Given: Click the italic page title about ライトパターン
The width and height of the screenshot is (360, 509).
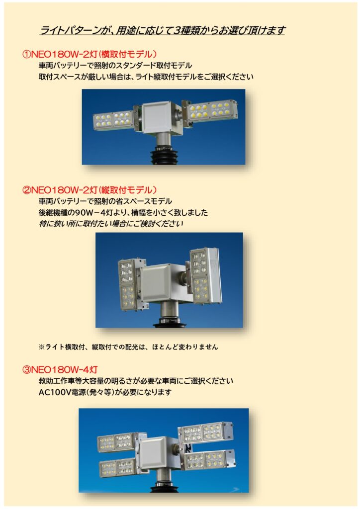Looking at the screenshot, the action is pos(162,30).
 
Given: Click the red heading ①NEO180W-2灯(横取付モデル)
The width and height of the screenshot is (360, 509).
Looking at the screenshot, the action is pos(90,54).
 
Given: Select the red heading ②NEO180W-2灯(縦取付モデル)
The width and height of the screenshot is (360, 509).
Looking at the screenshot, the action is pos(90,189).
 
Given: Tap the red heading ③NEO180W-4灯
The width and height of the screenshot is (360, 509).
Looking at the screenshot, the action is pos(60,369).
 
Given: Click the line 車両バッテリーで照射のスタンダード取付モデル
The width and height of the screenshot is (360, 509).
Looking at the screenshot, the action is pos(115,66).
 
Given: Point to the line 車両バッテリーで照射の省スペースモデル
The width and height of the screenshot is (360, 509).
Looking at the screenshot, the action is pos(105,201).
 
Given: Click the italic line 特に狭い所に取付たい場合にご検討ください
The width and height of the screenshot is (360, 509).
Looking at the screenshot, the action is pos(111,224).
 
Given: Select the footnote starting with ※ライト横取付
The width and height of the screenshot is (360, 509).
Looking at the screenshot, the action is pos(128,346).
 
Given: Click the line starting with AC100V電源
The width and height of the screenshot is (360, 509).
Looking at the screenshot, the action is pos(105,392).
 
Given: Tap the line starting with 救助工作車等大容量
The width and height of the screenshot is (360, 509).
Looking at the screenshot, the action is pos(136,381).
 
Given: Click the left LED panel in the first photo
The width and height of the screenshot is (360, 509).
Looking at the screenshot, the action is pos(113,120).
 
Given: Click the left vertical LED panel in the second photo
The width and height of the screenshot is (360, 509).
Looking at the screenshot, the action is pos(129,285).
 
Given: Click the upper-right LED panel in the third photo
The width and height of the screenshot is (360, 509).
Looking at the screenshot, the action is pos(206,432).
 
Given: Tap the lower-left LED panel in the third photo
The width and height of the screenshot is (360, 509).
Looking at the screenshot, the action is pos(117,467).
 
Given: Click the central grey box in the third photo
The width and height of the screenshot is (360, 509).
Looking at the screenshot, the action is pos(154,452).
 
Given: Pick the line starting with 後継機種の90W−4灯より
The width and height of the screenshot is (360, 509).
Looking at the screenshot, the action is pos(123,213).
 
